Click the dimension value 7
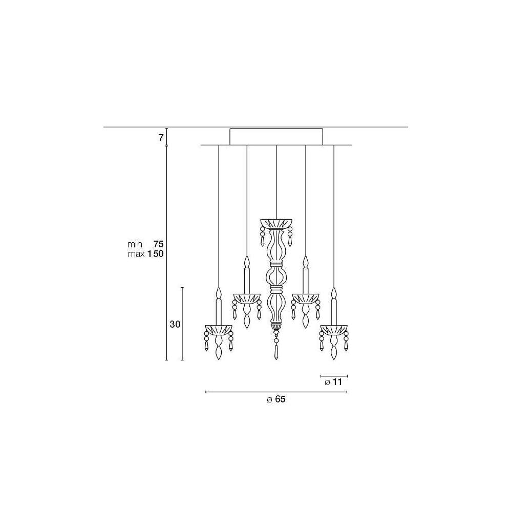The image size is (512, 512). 161,138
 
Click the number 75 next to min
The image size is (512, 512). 158,244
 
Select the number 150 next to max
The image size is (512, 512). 156,254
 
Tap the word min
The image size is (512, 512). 135,244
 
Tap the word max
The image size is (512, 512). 136,254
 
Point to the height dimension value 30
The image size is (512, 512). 175,324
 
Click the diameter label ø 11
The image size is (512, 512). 333,382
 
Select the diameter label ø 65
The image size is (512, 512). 276,399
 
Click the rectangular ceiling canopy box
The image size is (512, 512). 276,137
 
